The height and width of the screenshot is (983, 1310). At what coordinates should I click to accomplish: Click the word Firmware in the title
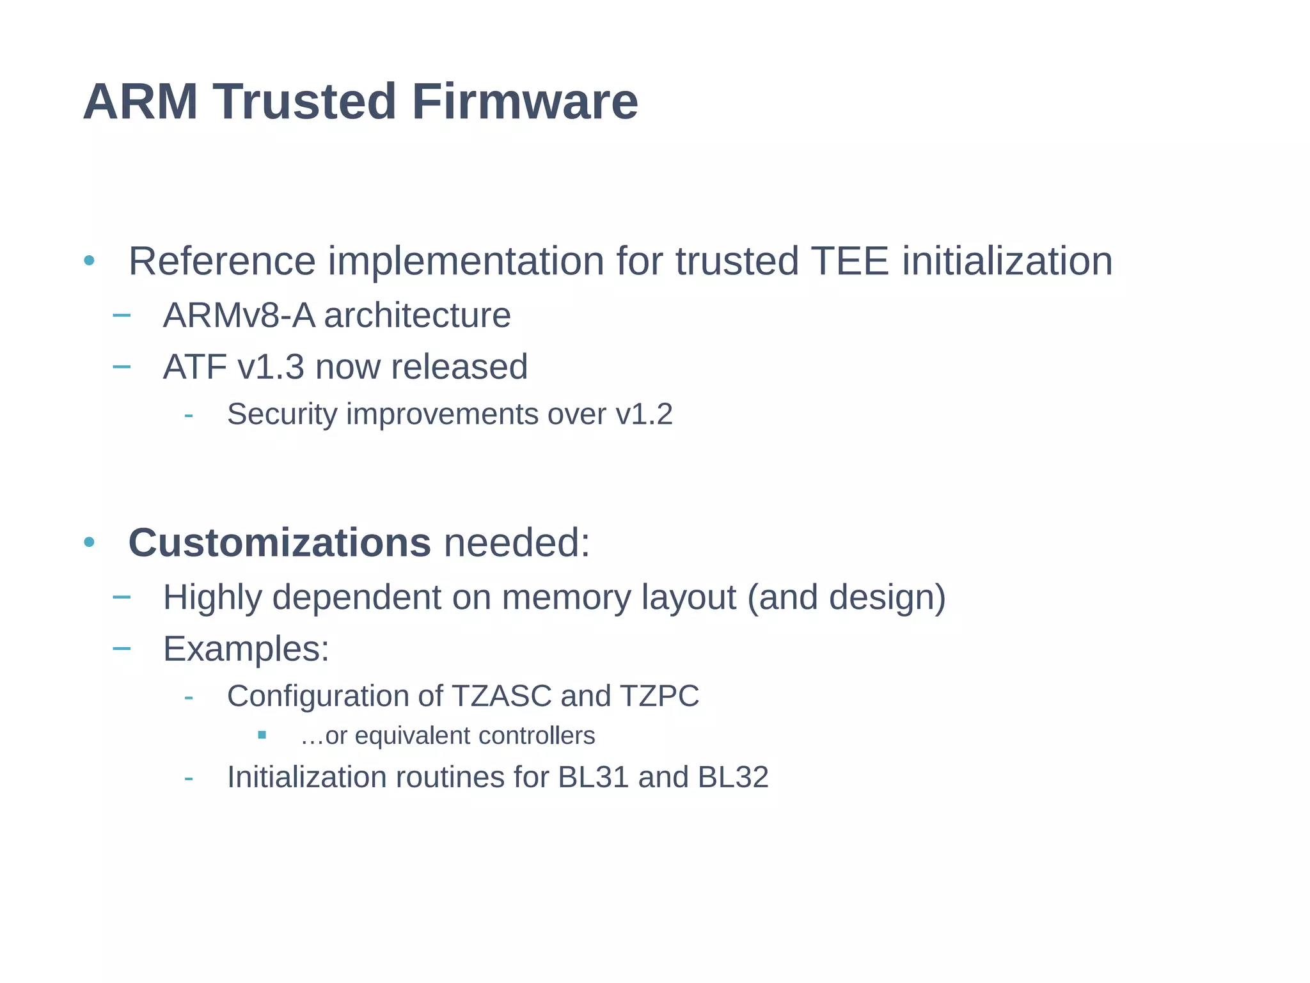click(525, 102)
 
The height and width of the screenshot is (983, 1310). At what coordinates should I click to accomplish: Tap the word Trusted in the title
click(304, 102)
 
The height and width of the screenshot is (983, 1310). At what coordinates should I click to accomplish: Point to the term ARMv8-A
click(239, 315)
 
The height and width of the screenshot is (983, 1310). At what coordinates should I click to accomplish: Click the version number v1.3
click(271, 367)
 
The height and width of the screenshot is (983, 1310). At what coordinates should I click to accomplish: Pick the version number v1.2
click(644, 414)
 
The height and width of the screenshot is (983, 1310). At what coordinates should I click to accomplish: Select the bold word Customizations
click(280, 543)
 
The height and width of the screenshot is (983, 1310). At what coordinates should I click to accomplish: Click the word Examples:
click(246, 649)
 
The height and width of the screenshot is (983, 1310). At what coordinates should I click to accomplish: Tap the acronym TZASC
click(501, 696)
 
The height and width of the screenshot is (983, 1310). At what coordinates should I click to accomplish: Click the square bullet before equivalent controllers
click(262, 735)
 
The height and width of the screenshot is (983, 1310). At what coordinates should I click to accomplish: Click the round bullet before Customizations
click(89, 543)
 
